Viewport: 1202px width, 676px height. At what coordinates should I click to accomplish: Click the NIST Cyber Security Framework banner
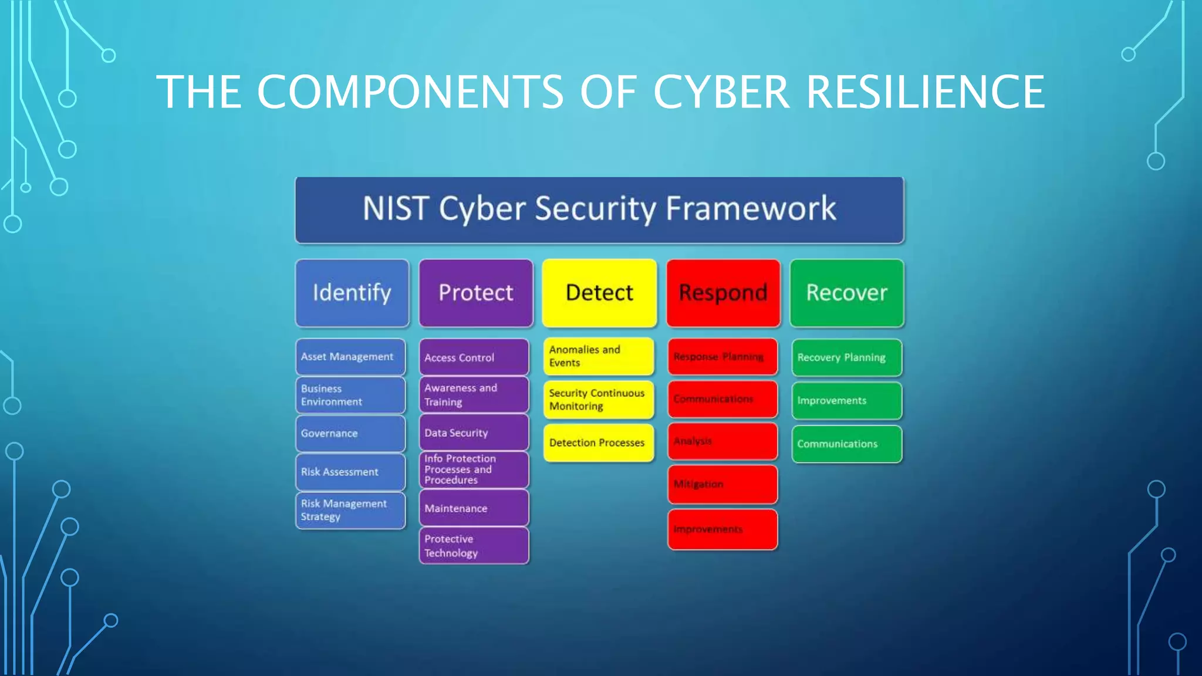coord(599,209)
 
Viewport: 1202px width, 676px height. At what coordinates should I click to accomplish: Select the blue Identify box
coord(352,293)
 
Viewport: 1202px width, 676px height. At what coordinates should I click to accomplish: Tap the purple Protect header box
coord(476,293)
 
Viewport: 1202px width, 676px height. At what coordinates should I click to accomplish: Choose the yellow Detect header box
coord(599,293)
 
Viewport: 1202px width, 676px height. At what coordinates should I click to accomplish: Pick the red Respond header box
coord(723,293)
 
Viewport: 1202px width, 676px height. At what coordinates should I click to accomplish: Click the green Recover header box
coord(847,293)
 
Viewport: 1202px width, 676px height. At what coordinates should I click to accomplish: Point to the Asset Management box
coord(350,357)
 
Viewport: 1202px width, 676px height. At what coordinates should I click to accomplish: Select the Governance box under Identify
coord(350,434)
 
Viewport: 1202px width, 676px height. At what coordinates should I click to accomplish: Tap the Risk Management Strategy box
coord(350,511)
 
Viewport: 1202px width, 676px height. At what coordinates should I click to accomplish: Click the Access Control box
coord(474,357)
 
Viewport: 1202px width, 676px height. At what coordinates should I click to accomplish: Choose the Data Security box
coord(474,432)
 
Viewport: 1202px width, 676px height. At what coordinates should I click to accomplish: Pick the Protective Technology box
coord(474,546)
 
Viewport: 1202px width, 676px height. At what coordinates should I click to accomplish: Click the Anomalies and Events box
coord(598,356)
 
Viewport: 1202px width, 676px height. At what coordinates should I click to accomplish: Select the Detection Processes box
coord(598,443)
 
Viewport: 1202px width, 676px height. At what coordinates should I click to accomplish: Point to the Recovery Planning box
coord(846,357)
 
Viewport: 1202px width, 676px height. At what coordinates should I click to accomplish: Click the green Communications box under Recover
coord(846,444)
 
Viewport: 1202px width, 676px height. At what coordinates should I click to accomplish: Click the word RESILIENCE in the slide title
coord(926,92)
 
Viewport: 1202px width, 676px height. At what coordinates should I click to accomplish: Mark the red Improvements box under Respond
coord(722,529)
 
